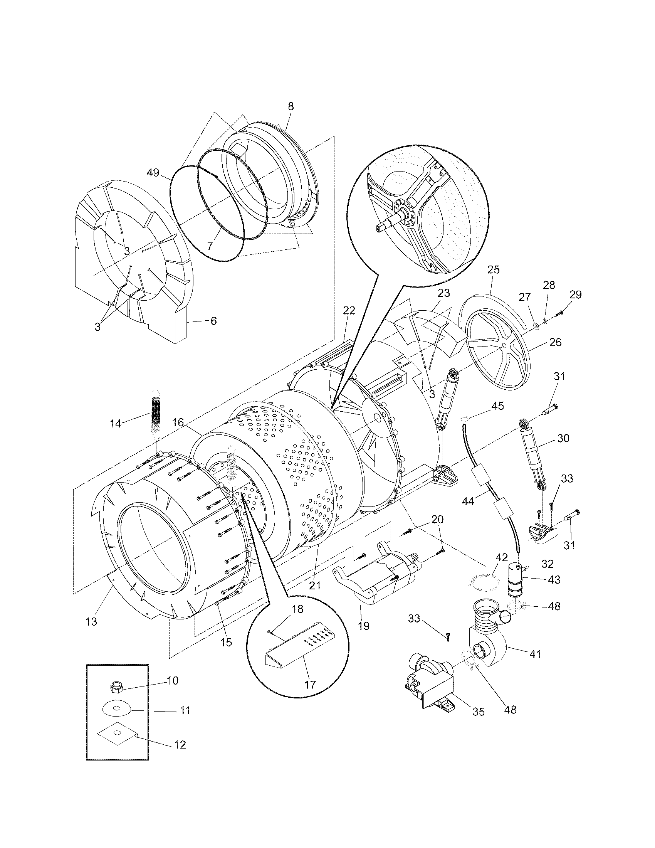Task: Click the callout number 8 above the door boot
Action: point(291,106)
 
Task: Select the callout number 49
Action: point(153,172)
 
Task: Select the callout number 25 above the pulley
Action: point(494,269)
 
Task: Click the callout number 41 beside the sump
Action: point(535,654)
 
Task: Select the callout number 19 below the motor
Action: point(364,626)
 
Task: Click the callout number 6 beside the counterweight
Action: point(213,321)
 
